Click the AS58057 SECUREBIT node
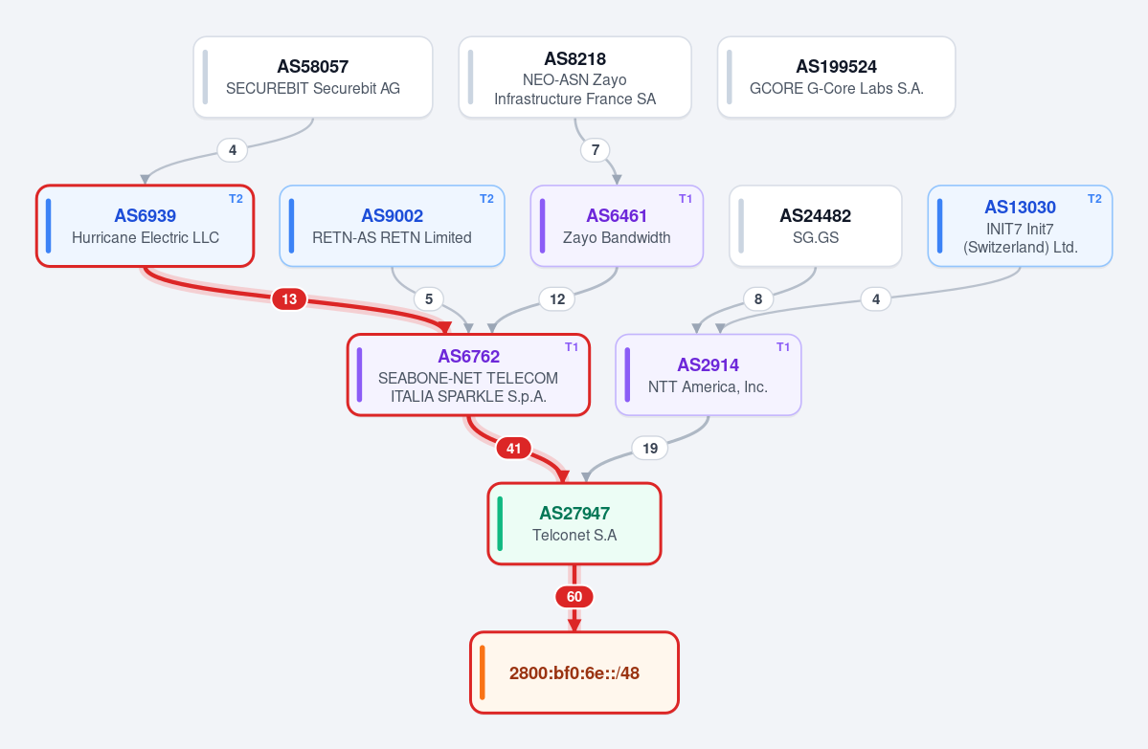point(313,77)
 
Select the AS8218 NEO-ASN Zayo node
point(574,77)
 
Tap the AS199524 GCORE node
point(836,77)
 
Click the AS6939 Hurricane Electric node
point(145,226)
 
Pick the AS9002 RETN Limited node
point(392,226)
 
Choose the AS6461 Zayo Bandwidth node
point(617,226)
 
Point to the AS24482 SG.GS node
point(816,226)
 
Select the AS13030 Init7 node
point(1020,226)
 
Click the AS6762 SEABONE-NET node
point(468,375)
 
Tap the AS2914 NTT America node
point(708,375)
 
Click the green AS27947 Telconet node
point(574,523)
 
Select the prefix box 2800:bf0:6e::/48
point(574,672)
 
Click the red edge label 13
point(289,299)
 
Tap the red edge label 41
point(514,449)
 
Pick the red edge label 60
point(574,597)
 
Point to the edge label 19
point(650,449)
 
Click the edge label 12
point(557,299)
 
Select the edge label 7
point(596,150)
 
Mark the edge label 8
point(758,299)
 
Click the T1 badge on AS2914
point(783,346)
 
